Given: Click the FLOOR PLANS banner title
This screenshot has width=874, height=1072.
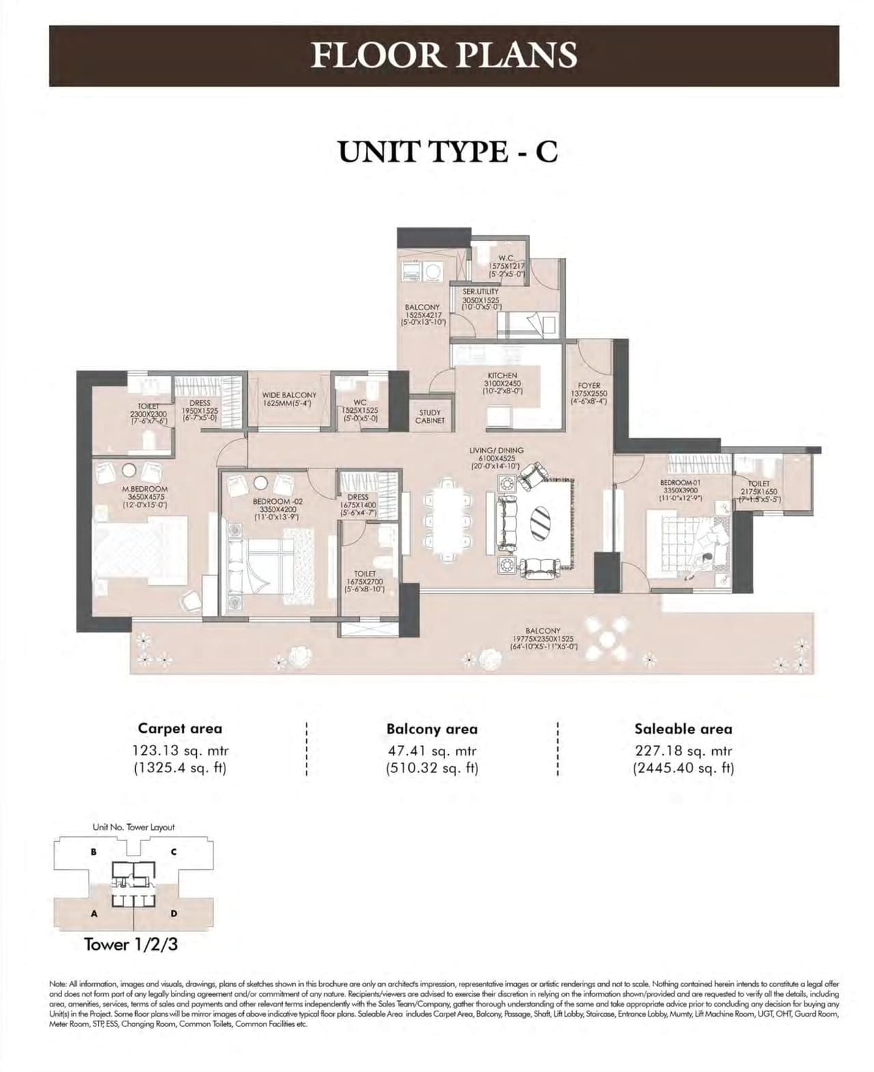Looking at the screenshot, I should (x=444, y=55).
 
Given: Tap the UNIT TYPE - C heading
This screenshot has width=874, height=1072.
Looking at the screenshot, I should (x=448, y=151).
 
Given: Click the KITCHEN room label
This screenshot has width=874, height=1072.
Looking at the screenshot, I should (x=502, y=376).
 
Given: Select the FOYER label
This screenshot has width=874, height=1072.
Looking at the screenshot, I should (x=589, y=386).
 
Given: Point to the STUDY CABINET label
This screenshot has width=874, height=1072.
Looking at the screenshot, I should (x=429, y=417).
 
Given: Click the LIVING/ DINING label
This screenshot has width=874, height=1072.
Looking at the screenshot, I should (x=496, y=451).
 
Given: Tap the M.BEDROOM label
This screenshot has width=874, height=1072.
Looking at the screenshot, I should (x=145, y=490).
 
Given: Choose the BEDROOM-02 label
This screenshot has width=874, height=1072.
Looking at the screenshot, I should (x=277, y=501).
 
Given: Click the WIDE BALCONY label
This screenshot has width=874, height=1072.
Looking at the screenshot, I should (x=289, y=395).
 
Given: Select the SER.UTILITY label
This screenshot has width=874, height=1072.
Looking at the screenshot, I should (x=481, y=292).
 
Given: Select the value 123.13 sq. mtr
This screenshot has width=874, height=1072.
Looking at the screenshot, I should (x=180, y=751).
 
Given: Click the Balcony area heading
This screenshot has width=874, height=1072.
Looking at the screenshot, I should (x=432, y=729).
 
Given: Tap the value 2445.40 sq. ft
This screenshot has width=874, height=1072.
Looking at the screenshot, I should (x=683, y=767).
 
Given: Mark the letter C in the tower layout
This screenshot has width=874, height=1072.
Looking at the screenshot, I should (x=174, y=851).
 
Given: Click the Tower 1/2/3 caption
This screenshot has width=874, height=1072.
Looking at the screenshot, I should (x=130, y=944).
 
